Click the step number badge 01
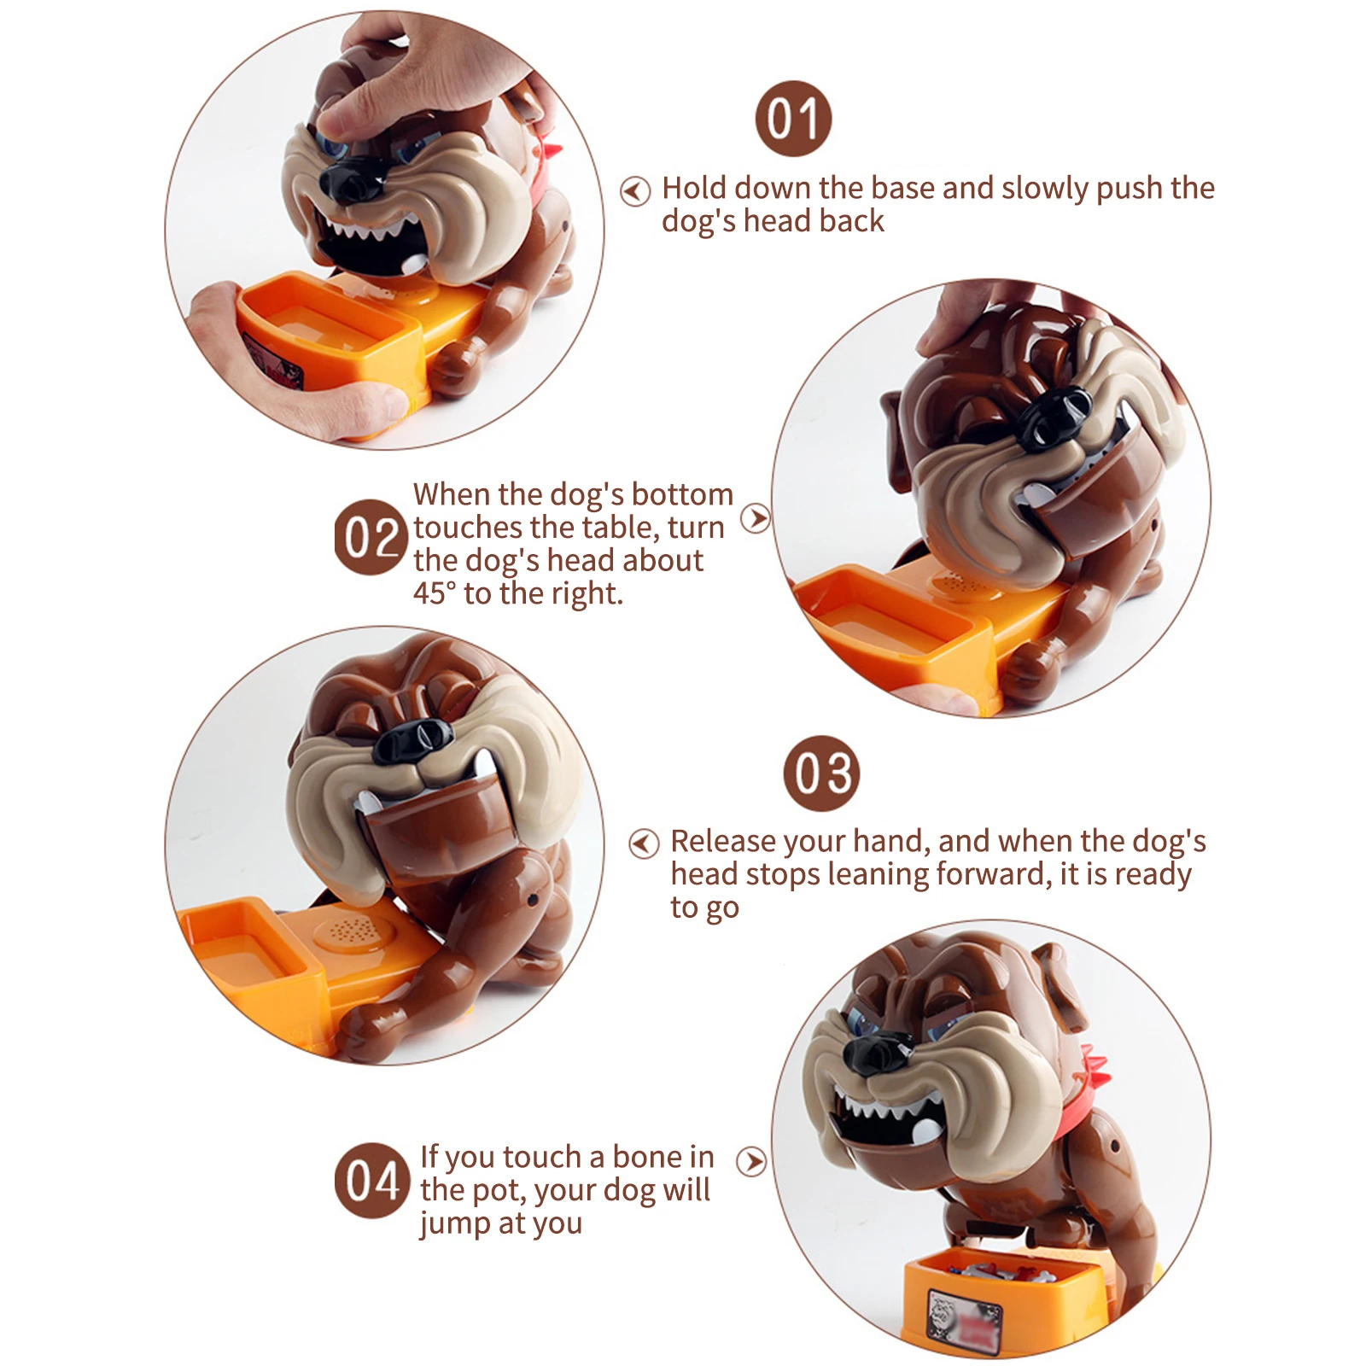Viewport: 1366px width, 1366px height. [x=793, y=119]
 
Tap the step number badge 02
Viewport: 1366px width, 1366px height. [x=371, y=537]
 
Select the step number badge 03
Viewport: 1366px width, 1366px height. [x=821, y=773]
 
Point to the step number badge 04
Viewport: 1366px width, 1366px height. [x=371, y=1181]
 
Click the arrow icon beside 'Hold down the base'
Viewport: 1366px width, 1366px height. [x=634, y=191]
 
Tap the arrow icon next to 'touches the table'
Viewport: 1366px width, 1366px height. [x=755, y=518]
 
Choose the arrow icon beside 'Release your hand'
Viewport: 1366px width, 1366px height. [x=644, y=844]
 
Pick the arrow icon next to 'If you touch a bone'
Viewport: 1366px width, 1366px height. [x=751, y=1161]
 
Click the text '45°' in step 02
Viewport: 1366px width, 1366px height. [x=435, y=593]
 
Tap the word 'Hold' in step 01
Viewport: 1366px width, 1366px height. [x=693, y=188]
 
